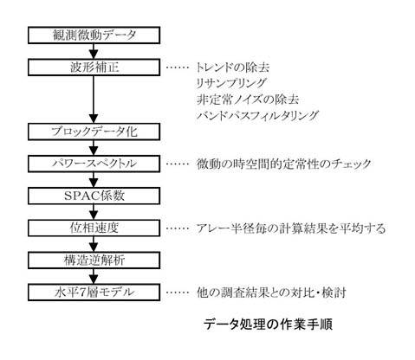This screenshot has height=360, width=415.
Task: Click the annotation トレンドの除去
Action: point(233,67)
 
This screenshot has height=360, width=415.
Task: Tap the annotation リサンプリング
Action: point(231,83)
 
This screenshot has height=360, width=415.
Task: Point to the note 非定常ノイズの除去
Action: point(248,100)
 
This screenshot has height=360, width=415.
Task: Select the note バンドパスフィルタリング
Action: point(257,115)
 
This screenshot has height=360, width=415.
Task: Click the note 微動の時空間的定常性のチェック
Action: point(283,164)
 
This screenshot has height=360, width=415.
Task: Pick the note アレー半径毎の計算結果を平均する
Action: point(291,228)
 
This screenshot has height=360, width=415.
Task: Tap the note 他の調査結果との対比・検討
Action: point(271,292)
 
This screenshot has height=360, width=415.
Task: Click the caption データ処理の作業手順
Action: point(269,325)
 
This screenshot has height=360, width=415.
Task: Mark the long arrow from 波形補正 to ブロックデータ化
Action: point(94,100)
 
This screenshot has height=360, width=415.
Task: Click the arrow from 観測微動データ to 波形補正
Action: point(94,51)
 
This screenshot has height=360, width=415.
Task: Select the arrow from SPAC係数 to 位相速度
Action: point(94,212)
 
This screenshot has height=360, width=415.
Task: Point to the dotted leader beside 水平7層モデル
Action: point(178,292)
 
